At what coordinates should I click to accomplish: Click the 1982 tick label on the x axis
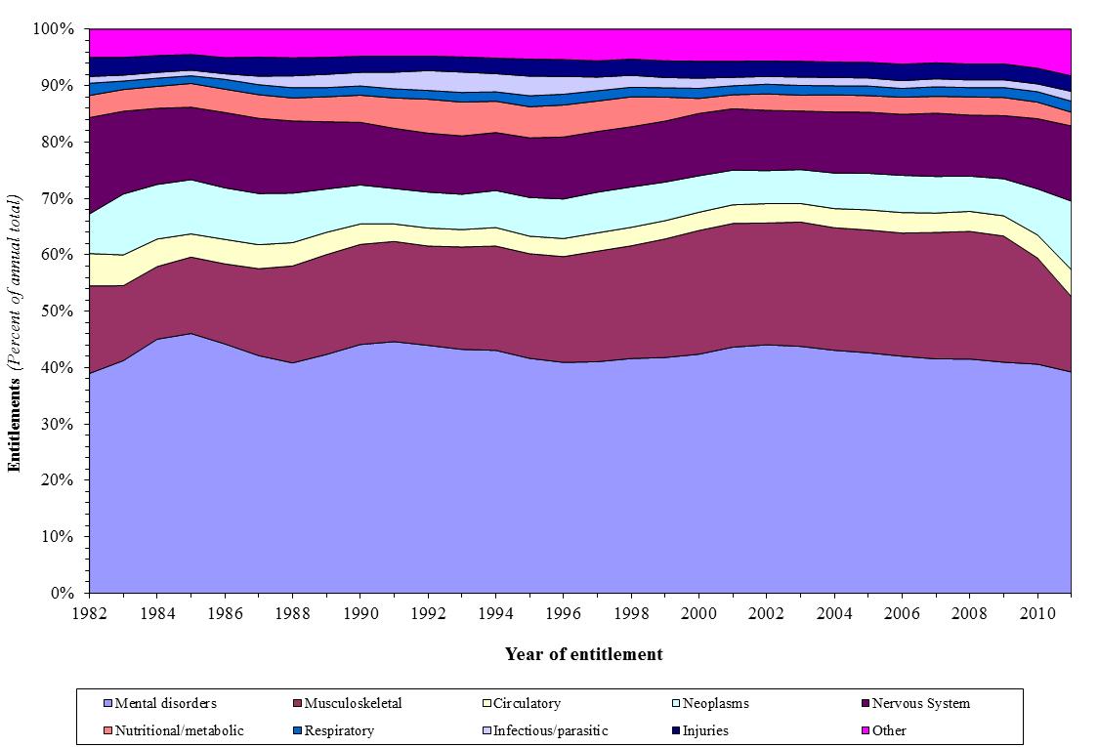(89, 611)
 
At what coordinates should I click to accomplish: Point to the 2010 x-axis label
(1036, 611)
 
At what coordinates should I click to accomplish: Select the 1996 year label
(563, 611)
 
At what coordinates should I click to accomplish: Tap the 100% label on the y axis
(54, 29)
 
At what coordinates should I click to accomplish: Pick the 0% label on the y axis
(62, 593)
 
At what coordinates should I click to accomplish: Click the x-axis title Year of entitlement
(583, 654)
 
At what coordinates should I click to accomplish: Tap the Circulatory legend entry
(527, 703)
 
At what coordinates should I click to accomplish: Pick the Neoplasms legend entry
(716, 703)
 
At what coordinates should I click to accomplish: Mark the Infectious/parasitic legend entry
(550, 730)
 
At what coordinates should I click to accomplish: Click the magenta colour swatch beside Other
(865, 730)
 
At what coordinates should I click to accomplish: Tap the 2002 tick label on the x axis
(766, 611)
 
